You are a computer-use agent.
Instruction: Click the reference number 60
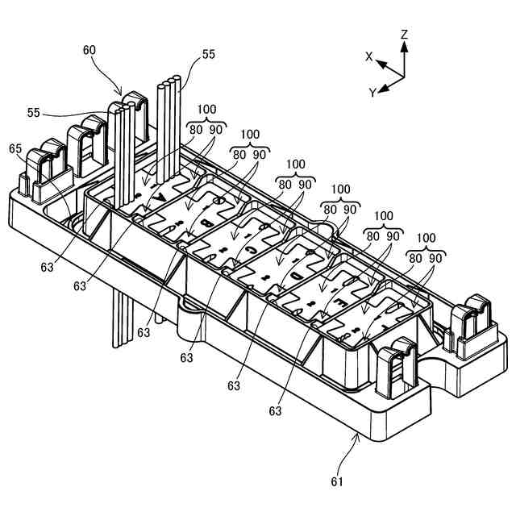tap(89, 49)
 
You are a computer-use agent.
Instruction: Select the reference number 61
tap(336, 482)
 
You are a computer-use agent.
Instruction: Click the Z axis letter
tap(405, 35)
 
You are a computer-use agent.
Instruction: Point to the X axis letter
tap(369, 56)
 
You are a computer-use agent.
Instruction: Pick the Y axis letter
tap(373, 93)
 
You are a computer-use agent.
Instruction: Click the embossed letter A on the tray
tap(160, 196)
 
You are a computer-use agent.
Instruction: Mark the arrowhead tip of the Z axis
tap(404, 44)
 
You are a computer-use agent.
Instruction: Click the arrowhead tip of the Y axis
tap(382, 86)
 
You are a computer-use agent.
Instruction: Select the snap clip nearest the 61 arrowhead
tap(395, 368)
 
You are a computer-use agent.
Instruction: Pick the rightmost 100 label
tap(427, 239)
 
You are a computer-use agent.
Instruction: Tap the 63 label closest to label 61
tap(276, 411)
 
